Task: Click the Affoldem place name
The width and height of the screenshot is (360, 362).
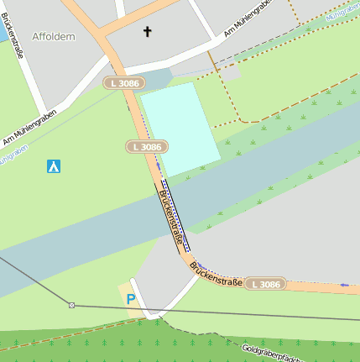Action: (53, 36)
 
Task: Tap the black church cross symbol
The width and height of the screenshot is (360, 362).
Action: (148, 32)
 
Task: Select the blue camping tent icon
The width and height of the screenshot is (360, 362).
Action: (54, 165)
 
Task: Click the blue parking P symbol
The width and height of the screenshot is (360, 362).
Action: (130, 298)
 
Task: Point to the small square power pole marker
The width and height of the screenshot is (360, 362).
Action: (71, 305)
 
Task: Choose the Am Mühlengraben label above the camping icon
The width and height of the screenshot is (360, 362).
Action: (29, 127)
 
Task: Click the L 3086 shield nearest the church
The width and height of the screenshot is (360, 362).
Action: (125, 83)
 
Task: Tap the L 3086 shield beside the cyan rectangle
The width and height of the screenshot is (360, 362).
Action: (146, 147)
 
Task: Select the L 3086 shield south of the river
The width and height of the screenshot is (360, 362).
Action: (265, 284)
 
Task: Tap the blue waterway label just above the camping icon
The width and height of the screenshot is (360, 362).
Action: (12, 154)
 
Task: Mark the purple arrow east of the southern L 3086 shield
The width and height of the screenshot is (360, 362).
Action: (344, 286)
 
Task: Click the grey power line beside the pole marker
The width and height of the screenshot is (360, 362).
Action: (168, 308)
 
